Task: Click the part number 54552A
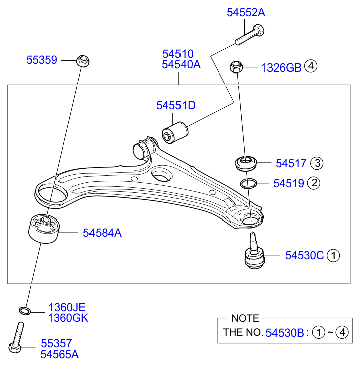point(246,13)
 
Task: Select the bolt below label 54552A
point(250,35)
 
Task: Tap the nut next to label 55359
point(83,61)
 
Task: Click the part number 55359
point(42,60)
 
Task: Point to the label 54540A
point(181,64)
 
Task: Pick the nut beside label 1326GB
point(236,67)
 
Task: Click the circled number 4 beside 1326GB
point(311,66)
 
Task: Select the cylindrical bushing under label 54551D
point(175,132)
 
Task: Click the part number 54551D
point(176,106)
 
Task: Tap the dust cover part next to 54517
point(246,163)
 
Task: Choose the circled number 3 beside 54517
point(317,163)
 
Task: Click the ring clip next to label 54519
point(248,183)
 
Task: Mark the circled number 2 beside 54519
point(314,183)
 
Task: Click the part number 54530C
point(305,256)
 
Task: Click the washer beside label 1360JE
point(25,311)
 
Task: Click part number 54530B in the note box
point(285,333)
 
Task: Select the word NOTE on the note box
point(245,318)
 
